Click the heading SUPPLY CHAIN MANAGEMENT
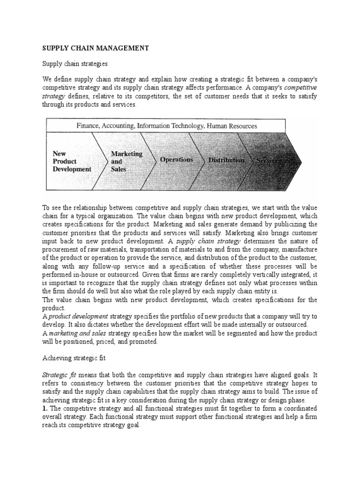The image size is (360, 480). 96,48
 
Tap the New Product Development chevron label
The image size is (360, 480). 72,161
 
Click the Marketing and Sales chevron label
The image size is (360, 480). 126,161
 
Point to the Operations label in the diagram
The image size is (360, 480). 176,160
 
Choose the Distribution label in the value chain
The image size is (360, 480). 226,160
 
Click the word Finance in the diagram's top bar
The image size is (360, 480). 89,126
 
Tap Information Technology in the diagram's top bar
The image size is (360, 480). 170,126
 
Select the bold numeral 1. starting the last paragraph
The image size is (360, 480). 45,408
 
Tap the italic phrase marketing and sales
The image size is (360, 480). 77,333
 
